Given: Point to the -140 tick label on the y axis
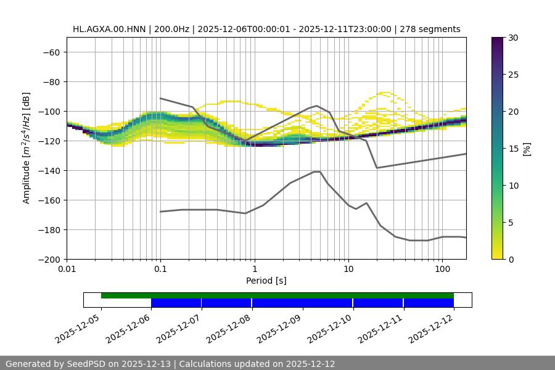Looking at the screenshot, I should pos(49,170).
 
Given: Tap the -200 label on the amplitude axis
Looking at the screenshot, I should pos(49,259).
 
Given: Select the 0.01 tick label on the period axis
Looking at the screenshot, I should pos(67,269).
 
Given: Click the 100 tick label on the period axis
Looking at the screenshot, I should pos(442,269).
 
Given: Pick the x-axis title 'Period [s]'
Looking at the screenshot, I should pos(266,281).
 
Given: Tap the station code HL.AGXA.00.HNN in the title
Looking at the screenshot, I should pos(109,29).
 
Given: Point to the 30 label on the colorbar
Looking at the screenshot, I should pos(513,38).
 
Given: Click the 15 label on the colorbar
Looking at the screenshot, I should pos(513,148).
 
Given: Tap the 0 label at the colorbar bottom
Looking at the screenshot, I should pos(511,259).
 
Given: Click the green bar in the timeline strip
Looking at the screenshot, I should pos(277,295).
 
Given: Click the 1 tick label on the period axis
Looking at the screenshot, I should pos(255,269).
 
